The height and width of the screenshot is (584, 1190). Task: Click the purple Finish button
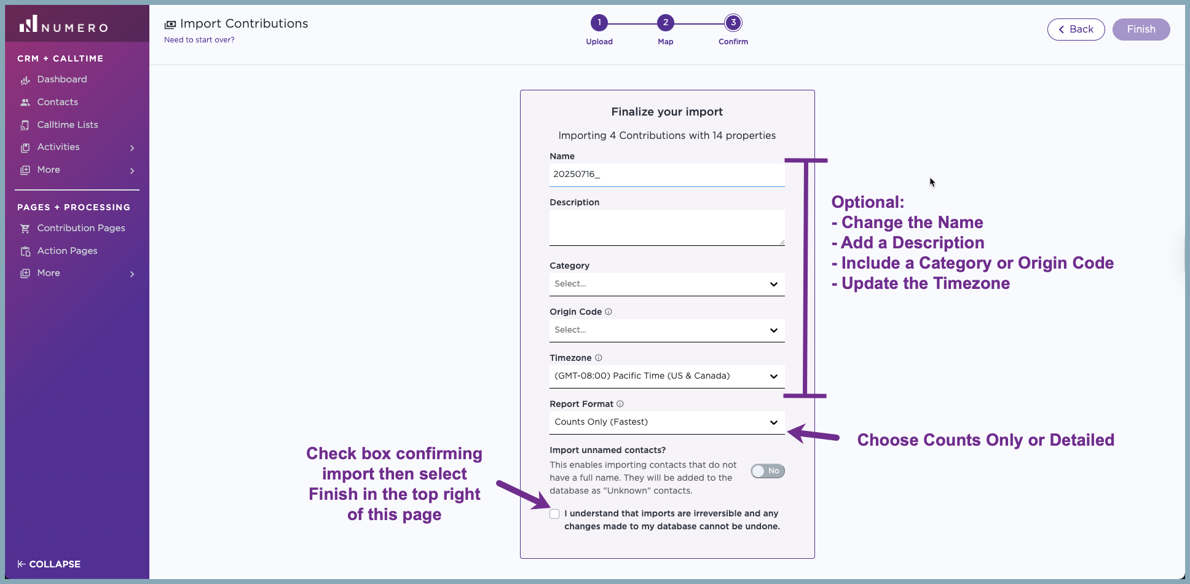(1141, 30)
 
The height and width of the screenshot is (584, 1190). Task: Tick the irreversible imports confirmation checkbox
(554, 514)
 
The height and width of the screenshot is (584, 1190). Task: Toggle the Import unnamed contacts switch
(768, 471)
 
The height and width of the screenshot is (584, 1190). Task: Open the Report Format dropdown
(667, 422)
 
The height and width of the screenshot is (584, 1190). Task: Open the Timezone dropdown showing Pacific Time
(667, 376)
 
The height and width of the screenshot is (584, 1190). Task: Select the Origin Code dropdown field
(667, 330)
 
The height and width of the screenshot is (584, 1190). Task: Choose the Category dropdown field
(667, 284)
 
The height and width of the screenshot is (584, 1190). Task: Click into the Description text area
(667, 227)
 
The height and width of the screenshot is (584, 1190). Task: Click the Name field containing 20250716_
(667, 175)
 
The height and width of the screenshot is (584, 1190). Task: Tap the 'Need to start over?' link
(199, 40)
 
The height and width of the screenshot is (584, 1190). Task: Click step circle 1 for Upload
(599, 23)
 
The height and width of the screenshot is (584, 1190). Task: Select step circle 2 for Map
(666, 23)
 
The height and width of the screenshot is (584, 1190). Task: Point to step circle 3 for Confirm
(733, 23)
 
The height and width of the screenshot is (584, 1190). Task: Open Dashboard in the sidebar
(61, 79)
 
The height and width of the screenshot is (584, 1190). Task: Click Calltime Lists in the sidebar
(67, 125)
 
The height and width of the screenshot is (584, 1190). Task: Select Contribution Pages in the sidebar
(81, 228)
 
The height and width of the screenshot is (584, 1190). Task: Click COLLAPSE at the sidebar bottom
(49, 564)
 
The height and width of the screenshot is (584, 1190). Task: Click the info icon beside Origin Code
(609, 312)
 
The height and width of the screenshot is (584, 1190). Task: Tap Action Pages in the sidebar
(67, 251)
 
